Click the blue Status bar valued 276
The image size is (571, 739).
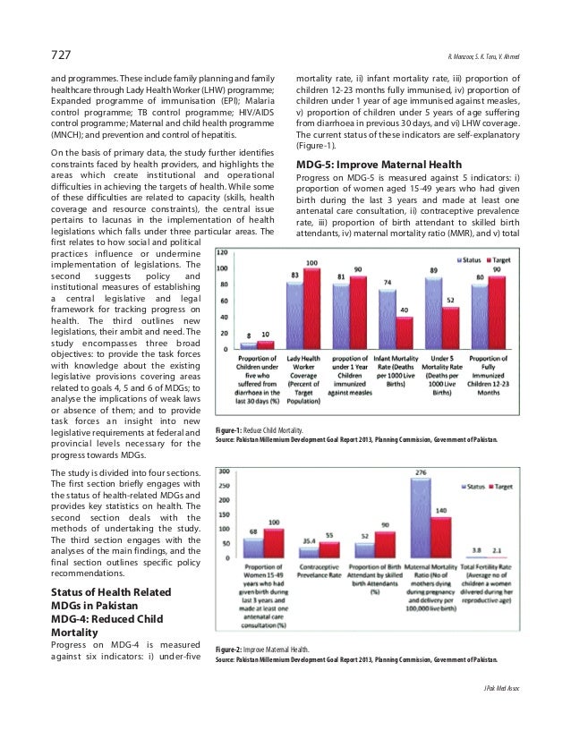(x=420, y=518)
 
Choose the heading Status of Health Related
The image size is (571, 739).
(x=102, y=593)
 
